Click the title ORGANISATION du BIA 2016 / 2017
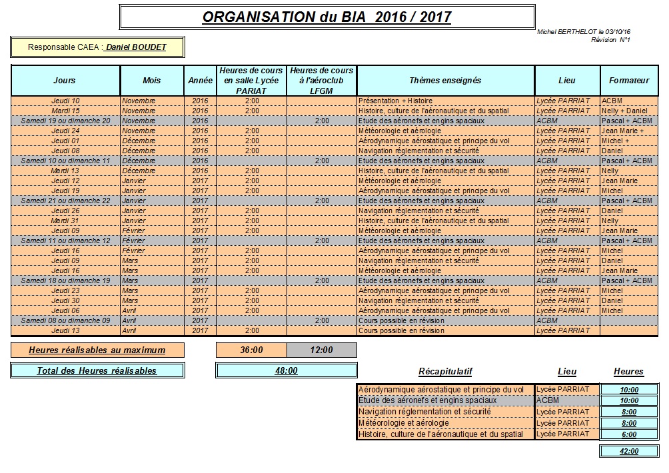pyautogui.click(x=327, y=17)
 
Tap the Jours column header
pyautogui.click(x=65, y=81)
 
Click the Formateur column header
pyautogui.click(x=628, y=81)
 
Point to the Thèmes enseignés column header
pyautogui.click(x=445, y=81)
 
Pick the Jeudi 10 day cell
pyautogui.click(x=65, y=101)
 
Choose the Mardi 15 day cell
pyautogui.click(x=65, y=111)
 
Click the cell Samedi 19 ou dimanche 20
pyautogui.click(x=65, y=121)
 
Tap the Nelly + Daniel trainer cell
pyautogui.click(x=624, y=111)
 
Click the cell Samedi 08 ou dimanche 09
pyautogui.click(x=65, y=320)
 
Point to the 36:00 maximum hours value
pyautogui.click(x=251, y=350)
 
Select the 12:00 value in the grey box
pyautogui.click(x=321, y=350)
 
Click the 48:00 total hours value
pyautogui.click(x=286, y=370)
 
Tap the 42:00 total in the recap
pyautogui.click(x=628, y=451)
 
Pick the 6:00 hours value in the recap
pyautogui.click(x=628, y=434)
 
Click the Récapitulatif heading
pyautogui.click(x=445, y=372)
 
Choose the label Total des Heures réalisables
pyautogui.click(x=97, y=370)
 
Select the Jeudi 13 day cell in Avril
pyautogui.click(x=65, y=330)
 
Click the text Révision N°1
pyautogui.click(x=610, y=40)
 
